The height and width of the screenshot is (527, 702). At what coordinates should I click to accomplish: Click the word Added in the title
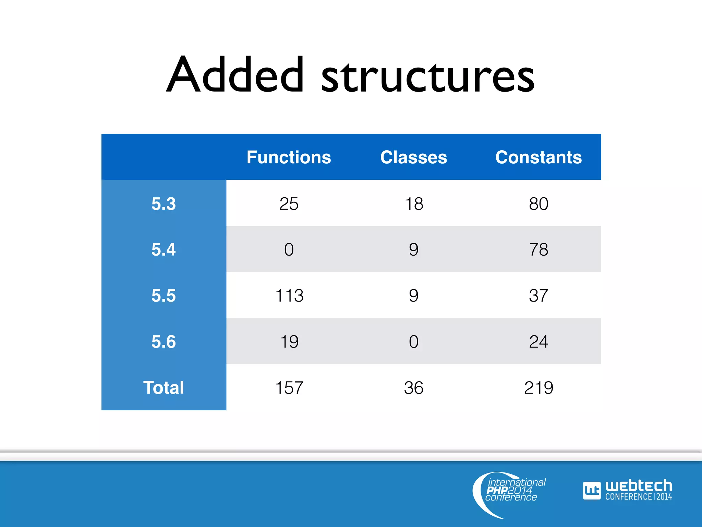pos(236,75)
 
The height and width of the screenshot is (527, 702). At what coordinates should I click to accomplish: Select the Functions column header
pos(289,157)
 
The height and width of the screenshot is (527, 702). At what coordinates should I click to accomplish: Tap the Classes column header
pos(414,157)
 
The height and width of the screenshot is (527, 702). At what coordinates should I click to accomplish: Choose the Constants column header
pos(538,157)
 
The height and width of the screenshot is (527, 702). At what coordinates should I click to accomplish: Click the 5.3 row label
pos(164,204)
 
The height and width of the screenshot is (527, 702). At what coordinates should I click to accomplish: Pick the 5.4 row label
pos(164,249)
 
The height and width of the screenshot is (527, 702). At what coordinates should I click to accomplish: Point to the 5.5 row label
pos(164,296)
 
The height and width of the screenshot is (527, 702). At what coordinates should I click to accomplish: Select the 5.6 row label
pos(164,342)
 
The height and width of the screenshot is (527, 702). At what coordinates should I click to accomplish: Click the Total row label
pos(164,388)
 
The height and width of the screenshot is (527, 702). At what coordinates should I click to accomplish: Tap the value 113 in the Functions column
pos(289,296)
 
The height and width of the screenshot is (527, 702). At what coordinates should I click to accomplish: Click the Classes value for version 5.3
pos(414,204)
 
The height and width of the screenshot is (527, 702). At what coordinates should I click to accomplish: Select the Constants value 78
pos(538,249)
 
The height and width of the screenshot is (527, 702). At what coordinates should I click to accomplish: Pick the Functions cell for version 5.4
pos(289,249)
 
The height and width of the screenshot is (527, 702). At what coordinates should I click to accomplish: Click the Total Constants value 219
pos(538,388)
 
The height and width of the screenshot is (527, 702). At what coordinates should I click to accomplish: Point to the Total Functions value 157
pos(289,388)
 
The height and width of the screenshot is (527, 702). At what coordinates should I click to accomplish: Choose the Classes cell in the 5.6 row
pos(414,342)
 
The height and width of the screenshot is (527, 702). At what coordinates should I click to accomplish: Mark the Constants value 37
pos(538,296)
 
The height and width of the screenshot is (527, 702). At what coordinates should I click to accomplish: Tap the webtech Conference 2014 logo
pos(627,490)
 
